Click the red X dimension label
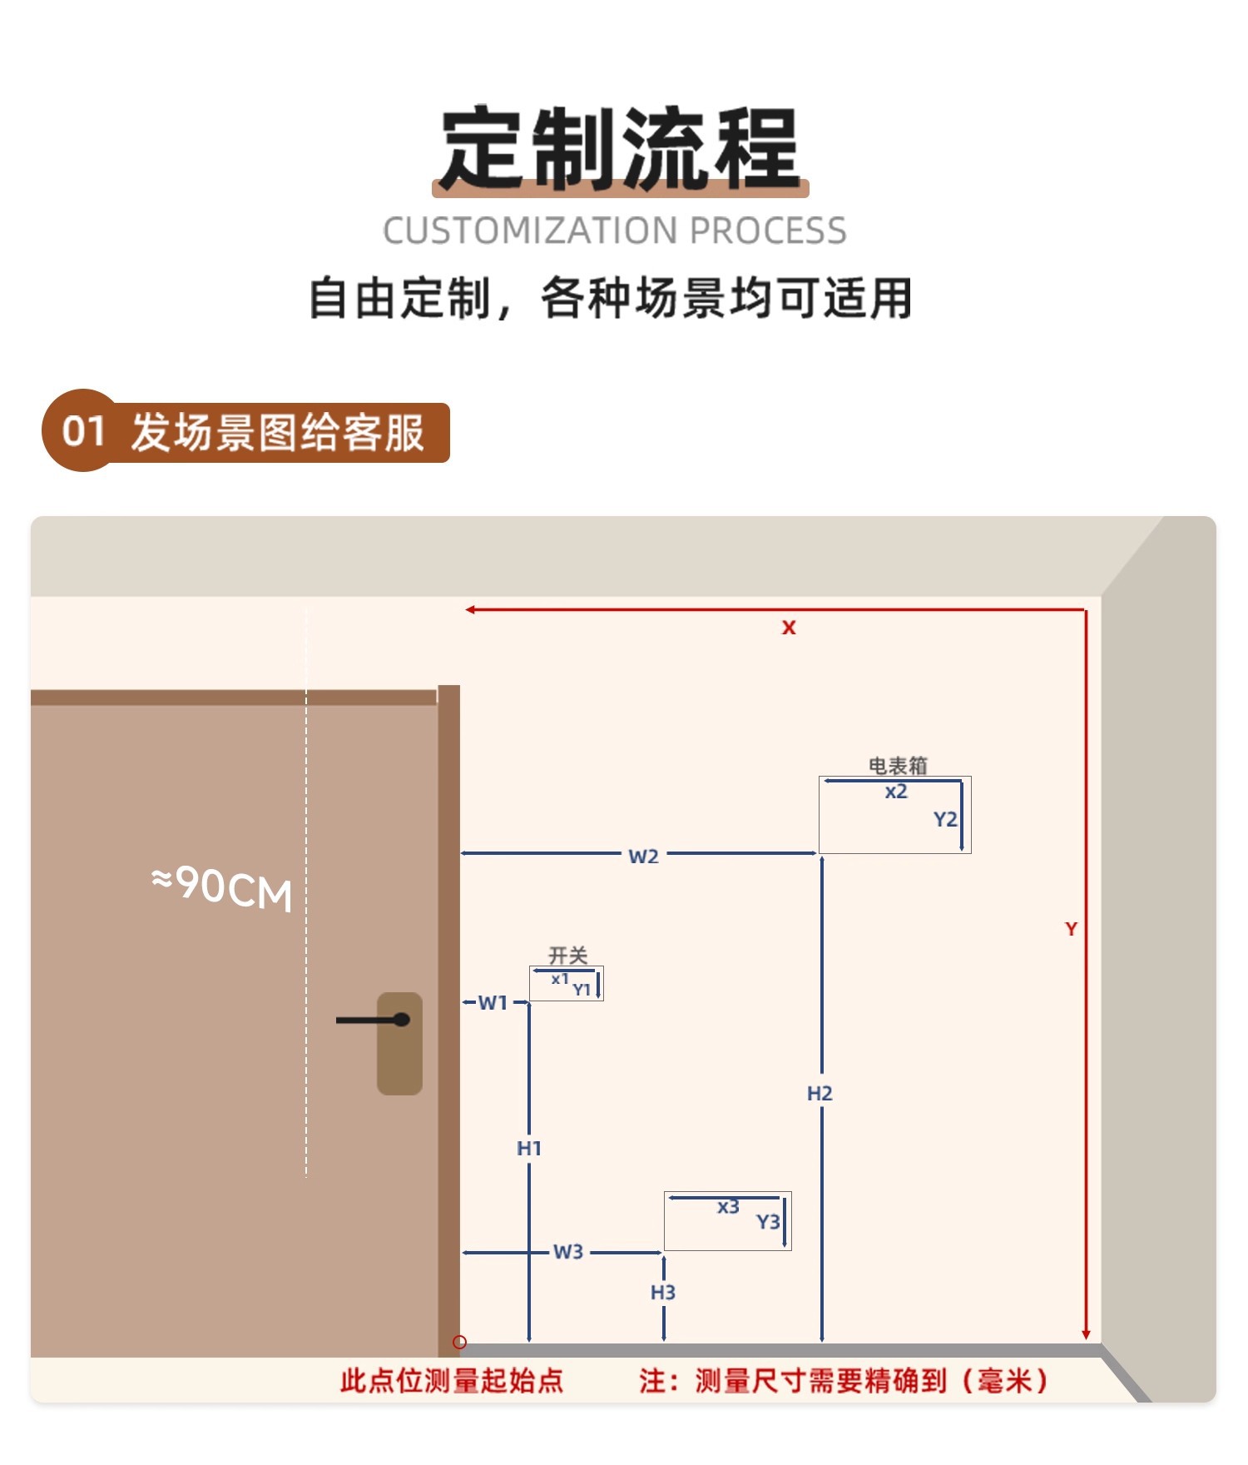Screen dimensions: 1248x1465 pos(788,628)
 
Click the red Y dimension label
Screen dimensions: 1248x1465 pos(1071,929)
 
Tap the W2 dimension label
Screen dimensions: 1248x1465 pos(643,856)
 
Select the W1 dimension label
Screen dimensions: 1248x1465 pos(493,1002)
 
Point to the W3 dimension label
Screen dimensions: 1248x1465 pos(568,1252)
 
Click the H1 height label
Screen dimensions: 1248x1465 pos(529,1149)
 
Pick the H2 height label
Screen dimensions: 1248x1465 pos(820,1093)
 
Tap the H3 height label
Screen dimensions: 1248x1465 pos(663,1292)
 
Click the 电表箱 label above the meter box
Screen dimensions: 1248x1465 pos(898,765)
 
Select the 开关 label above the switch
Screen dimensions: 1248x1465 pos(568,955)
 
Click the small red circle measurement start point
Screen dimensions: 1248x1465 pos(459,1342)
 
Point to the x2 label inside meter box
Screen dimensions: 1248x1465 pos(896,792)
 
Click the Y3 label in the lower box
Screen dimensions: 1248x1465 pos(768,1221)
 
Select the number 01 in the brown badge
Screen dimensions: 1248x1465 pos(82,431)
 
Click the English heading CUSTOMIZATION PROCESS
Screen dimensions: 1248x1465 pos(614,231)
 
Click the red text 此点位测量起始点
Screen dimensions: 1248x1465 pos(452,1381)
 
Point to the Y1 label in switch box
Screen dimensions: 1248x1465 pos(582,989)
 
